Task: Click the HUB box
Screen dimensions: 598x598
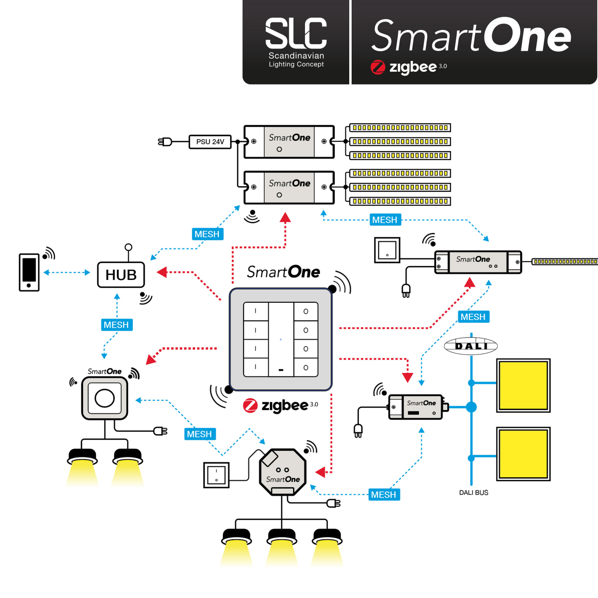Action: click(x=121, y=275)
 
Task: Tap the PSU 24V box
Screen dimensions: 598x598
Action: click(x=210, y=142)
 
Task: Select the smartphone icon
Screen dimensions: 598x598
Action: click(x=29, y=272)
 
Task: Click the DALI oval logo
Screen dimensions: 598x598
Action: click(x=471, y=346)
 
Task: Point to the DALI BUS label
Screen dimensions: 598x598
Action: click(x=473, y=493)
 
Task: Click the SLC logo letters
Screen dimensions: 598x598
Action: click(x=296, y=33)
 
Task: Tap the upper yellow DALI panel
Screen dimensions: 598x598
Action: click(x=523, y=385)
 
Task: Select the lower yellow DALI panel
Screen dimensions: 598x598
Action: click(x=523, y=454)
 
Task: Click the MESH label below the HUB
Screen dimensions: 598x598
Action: click(x=116, y=325)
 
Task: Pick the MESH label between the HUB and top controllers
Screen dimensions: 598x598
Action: click(x=207, y=234)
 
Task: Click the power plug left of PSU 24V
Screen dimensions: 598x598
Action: click(x=165, y=142)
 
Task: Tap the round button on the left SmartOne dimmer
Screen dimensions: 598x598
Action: click(x=104, y=398)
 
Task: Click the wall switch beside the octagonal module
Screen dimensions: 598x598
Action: click(x=216, y=475)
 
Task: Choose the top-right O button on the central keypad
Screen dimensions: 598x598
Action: click(x=306, y=311)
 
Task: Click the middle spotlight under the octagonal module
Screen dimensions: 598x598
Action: click(x=282, y=538)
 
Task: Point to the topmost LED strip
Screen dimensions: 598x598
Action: click(x=400, y=128)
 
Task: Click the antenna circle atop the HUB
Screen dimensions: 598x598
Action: click(x=128, y=247)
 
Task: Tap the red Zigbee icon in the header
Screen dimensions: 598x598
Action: click(x=378, y=67)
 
